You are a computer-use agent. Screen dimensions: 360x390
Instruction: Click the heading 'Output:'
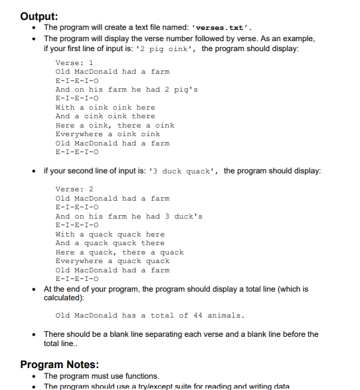[x=39, y=15]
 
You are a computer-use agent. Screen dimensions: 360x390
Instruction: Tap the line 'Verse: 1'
[x=74, y=62]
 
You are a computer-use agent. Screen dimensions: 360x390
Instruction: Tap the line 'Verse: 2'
[x=74, y=189]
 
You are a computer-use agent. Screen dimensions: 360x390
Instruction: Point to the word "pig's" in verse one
[x=184, y=90]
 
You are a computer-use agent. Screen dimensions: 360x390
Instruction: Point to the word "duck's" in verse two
[x=187, y=217]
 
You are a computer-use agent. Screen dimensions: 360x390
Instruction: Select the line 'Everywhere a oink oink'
[x=108, y=134]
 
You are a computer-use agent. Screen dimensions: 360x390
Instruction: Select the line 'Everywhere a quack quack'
[x=112, y=261]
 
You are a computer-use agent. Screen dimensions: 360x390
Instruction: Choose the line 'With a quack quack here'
[x=110, y=234]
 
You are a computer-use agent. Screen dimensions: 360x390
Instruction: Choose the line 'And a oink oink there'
[x=105, y=116]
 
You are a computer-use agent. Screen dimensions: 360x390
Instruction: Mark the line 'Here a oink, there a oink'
[x=115, y=126]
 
